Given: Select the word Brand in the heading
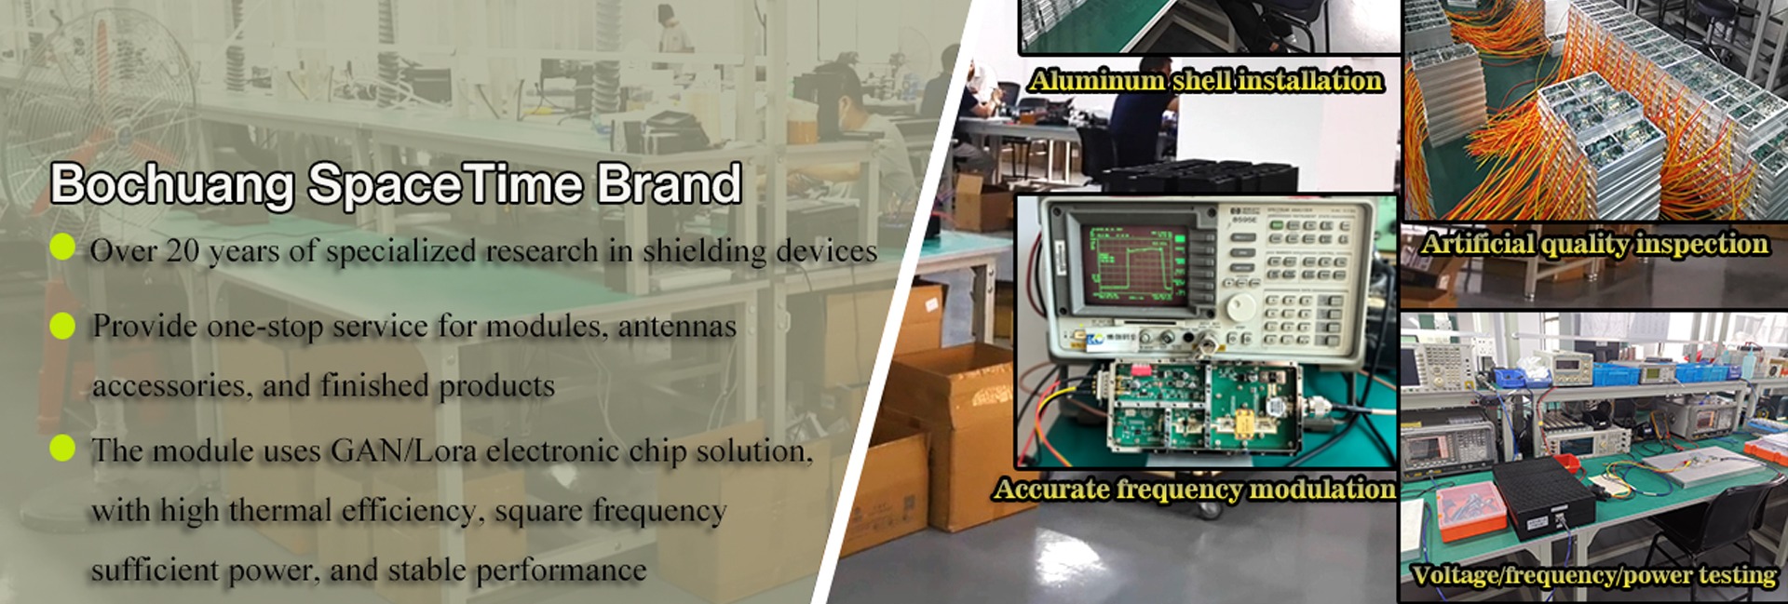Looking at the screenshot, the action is (669, 183).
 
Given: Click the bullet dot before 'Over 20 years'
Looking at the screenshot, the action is (62, 247).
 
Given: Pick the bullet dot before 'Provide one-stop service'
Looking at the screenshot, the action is (62, 326).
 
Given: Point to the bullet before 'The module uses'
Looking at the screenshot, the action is (62, 448).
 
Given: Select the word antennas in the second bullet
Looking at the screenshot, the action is (677, 327).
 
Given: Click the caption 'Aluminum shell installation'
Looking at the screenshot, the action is (1206, 81).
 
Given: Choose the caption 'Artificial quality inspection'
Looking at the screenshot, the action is (1594, 244).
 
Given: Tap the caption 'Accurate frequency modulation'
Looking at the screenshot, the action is (1195, 489).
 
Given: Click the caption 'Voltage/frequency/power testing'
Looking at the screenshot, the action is (1593, 575).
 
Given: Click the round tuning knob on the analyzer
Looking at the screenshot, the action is (1239, 306).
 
